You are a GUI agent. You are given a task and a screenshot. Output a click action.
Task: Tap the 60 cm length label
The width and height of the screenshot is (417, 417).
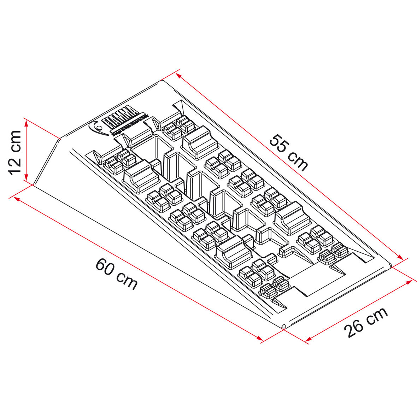[x=116, y=274]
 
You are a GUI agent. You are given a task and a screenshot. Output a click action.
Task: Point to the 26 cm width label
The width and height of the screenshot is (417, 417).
[x=366, y=322]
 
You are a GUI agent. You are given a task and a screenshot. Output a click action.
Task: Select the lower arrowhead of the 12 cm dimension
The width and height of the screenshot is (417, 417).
[x=26, y=178]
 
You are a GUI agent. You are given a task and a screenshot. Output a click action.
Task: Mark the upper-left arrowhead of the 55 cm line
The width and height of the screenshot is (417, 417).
[x=179, y=75]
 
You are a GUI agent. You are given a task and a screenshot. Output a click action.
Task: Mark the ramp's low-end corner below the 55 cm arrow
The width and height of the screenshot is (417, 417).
[x=390, y=265]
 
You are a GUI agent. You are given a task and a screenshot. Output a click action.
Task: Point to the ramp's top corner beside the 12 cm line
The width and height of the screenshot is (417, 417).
[x=59, y=139]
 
